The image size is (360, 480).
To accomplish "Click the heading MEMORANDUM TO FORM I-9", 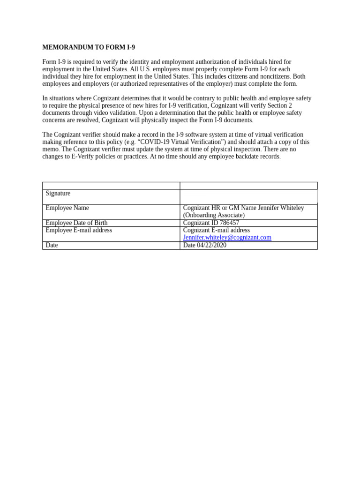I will [x=89, y=47].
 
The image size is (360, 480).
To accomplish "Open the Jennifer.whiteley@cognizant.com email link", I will [x=227, y=238].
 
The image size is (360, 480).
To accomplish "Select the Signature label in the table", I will [x=58, y=194].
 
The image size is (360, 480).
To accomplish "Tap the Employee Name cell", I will [x=67, y=208].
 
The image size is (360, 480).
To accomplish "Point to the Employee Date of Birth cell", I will [x=76, y=223].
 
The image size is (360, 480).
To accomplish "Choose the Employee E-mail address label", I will [x=79, y=230].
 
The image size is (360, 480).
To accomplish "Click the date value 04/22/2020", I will [x=211, y=245].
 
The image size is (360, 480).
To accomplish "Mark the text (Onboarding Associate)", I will [x=214, y=215].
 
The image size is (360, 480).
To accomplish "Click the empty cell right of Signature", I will [x=248, y=196].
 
